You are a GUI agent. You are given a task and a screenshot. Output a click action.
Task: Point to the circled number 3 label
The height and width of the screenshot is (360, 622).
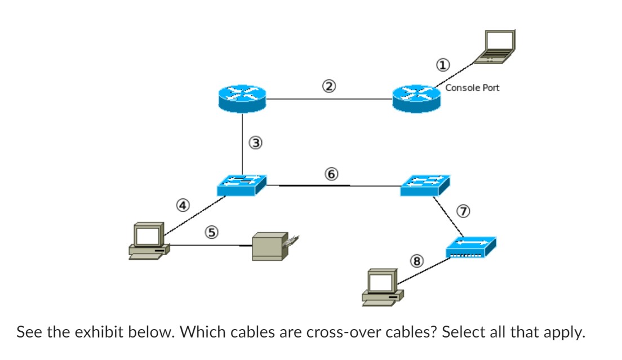coord(256,143)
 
